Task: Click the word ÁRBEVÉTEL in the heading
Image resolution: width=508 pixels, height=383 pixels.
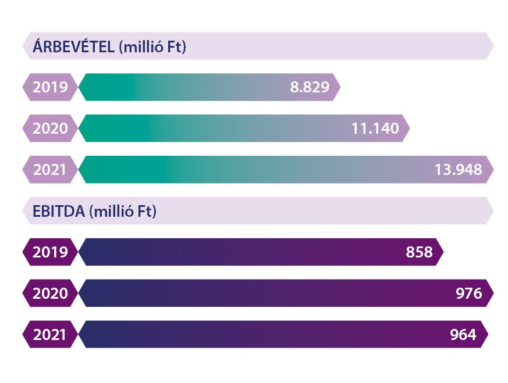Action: click(x=73, y=46)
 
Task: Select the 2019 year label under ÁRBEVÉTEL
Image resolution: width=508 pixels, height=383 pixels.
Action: click(x=50, y=87)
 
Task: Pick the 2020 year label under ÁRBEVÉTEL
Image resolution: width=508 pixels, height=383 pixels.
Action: click(x=50, y=128)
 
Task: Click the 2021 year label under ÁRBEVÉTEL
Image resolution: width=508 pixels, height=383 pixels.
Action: click(x=50, y=170)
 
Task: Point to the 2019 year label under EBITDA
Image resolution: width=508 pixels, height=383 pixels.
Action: click(x=50, y=252)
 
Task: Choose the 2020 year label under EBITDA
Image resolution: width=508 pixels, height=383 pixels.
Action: click(x=50, y=293)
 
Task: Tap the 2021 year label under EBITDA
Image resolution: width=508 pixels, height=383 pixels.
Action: click(x=50, y=335)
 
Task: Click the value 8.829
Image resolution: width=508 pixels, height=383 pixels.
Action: click(x=310, y=87)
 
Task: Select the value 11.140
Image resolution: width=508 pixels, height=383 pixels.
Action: click(x=375, y=128)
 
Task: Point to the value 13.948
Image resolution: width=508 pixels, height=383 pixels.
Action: click(x=458, y=170)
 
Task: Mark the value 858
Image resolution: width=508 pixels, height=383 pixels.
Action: click(x=420, y=252)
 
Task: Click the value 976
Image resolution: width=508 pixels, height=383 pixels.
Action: click(x=469, y=293)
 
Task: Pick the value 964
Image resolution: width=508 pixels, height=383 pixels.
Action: click(x=463, y=335)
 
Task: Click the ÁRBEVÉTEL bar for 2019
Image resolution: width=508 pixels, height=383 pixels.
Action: click(x=186, y=87)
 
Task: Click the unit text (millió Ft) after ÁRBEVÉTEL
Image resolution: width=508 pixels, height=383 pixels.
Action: click(x=152, y=46)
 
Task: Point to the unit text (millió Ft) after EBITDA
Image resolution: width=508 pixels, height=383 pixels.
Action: click(x=123, y=211)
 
